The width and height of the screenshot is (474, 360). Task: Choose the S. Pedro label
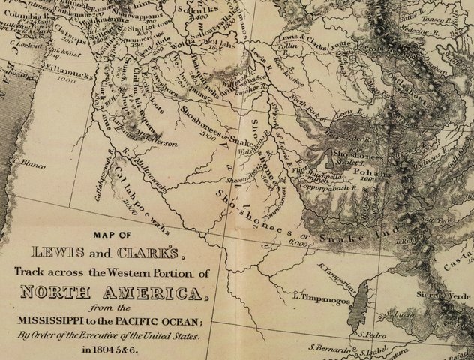pyautogui.click(x=370, y=334)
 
